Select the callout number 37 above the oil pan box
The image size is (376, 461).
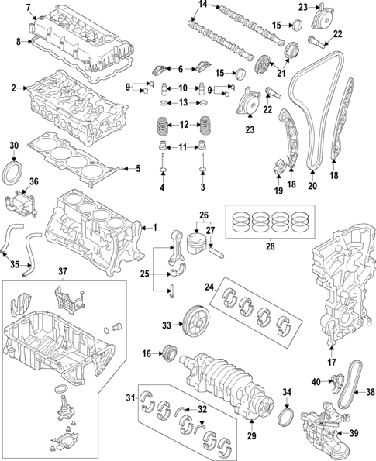click(64, 270)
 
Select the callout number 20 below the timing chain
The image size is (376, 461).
click(312, 186)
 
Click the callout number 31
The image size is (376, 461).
click(130, 399)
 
